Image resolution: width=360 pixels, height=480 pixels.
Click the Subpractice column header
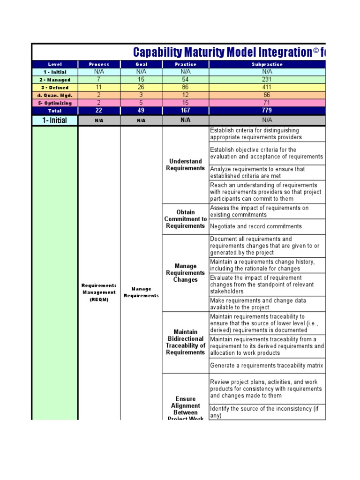click(267, 64)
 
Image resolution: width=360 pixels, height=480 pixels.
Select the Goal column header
click(141, 64)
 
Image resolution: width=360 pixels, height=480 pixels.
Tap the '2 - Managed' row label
click(55, 80)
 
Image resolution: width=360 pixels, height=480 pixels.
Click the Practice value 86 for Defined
click(186, 87)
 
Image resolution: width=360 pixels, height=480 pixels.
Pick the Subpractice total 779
click(267, 111)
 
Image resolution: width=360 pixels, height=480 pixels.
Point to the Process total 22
click(99, 111)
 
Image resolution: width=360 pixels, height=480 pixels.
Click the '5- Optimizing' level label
click(55, 103)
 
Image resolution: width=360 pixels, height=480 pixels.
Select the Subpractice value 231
click(267, 80)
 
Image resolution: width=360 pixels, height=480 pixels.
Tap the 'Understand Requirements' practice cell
click(186, 165)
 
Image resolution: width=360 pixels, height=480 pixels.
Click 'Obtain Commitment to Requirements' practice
click(186, 219)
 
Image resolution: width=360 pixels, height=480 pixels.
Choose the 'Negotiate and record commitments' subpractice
click(256, 226)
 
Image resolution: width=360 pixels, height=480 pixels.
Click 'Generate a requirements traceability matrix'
click(266, 366)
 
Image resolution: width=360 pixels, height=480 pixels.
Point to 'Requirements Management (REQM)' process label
click(99, 292)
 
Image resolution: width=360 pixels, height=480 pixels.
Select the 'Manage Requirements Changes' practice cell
click(186, 273)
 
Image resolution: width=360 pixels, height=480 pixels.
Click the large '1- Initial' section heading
click(55, 120)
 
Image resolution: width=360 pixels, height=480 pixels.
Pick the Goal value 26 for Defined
click(141, 87)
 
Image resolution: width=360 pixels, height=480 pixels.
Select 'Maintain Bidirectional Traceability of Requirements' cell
click(186, 342)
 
